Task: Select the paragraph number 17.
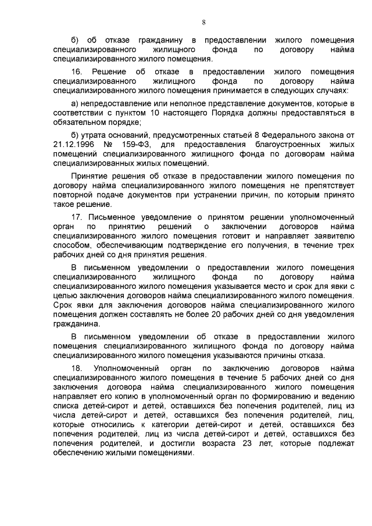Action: [76, 216]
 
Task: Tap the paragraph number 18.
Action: [76, 368]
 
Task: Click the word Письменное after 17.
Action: [115, 216]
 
